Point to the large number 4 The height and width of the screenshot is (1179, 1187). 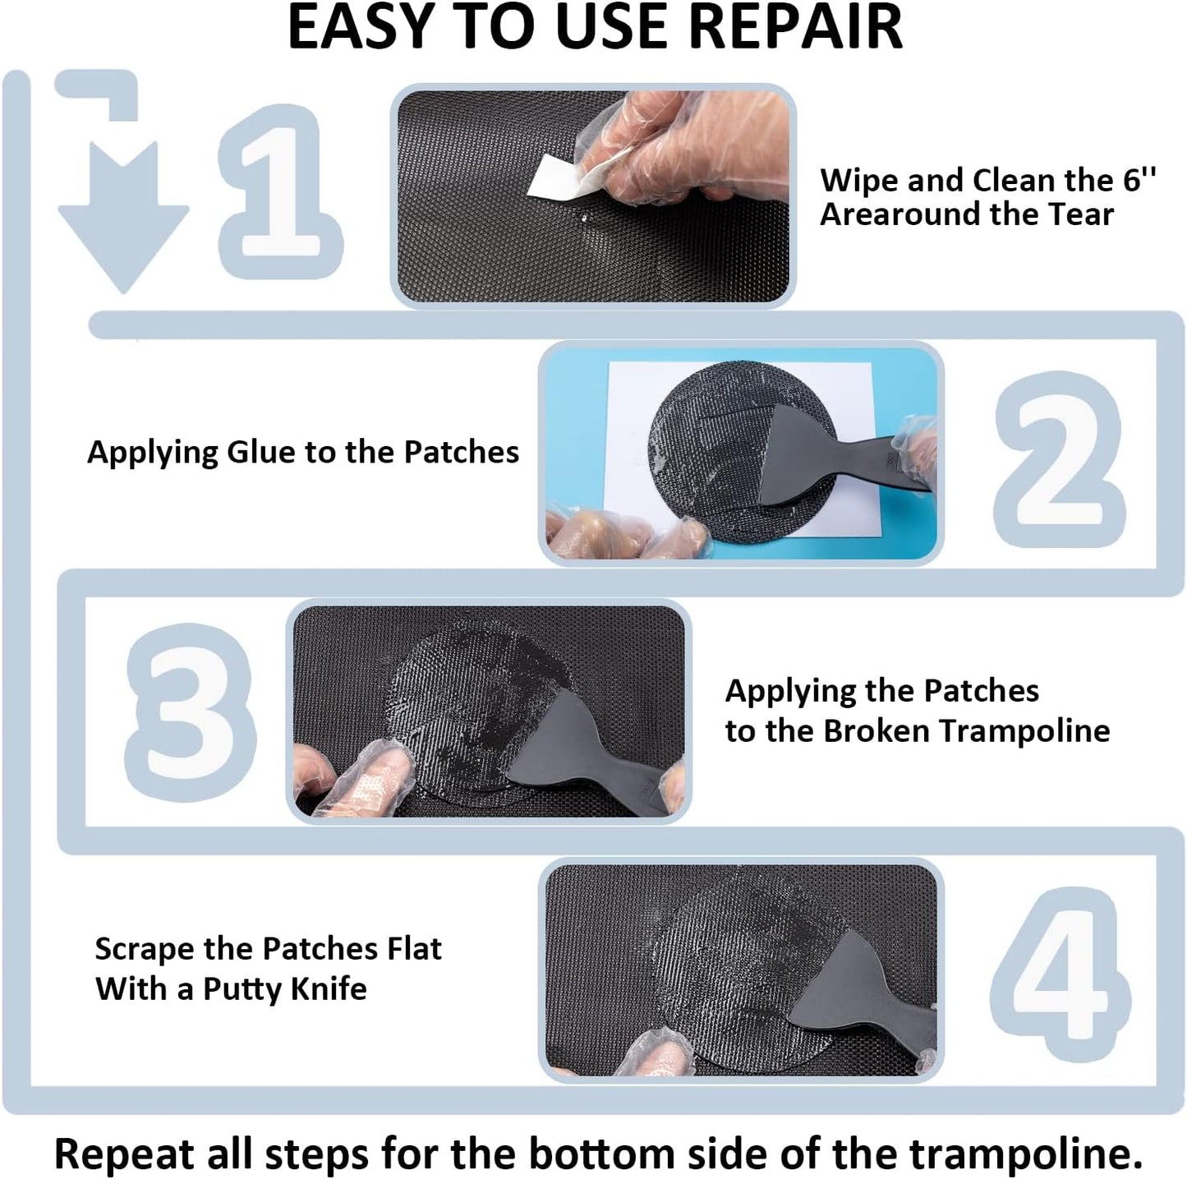pos(1060,974)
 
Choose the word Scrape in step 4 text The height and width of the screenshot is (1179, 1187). pos(145,949)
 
